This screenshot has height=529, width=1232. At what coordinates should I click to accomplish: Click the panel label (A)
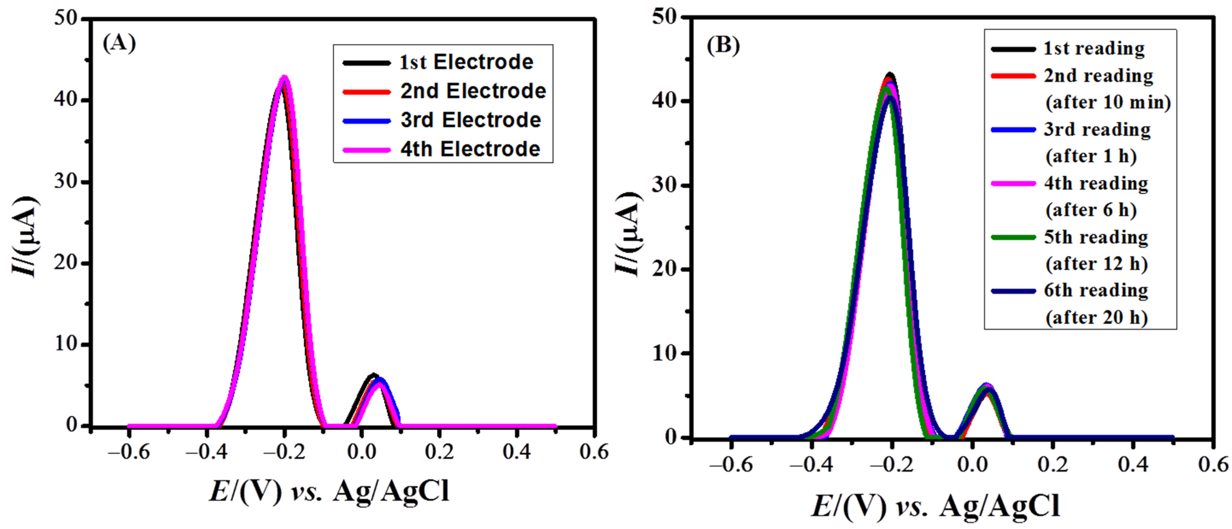coord(119,43)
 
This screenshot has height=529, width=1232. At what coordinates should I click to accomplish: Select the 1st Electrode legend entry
coord(466,62)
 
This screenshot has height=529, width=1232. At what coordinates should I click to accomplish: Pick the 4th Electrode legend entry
coord(470,149)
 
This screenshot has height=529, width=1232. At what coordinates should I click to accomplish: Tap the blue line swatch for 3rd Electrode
coord(366,120)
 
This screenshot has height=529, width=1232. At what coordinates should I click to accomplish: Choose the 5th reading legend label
coord(1096,237)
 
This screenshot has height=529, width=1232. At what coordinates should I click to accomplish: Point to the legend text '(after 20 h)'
coord(1097,317)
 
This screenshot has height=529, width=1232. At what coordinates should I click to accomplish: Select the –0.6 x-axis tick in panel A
coord(129,452)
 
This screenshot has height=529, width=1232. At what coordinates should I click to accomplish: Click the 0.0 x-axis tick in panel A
coord(362,452)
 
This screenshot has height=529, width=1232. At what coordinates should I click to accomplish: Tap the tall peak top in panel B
coord(890,75)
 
